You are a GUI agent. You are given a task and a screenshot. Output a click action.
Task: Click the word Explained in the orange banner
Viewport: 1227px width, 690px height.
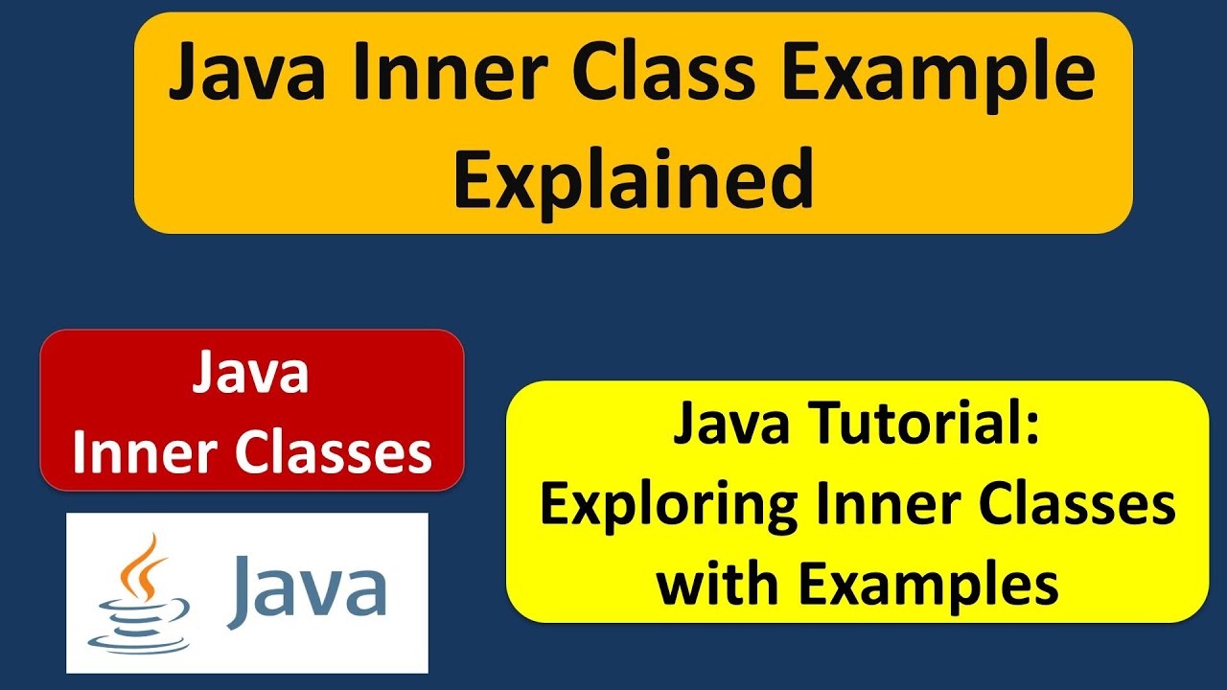click(634, 181)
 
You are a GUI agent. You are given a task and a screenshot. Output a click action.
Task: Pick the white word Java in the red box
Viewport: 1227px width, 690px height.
click(251, 372)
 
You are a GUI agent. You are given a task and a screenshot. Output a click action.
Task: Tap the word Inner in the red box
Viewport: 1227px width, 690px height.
click(142, 453)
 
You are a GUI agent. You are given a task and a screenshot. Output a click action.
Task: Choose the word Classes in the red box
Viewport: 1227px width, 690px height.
click(334, 453)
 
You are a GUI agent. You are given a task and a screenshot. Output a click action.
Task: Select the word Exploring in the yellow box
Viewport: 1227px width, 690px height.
click(668, 507)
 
